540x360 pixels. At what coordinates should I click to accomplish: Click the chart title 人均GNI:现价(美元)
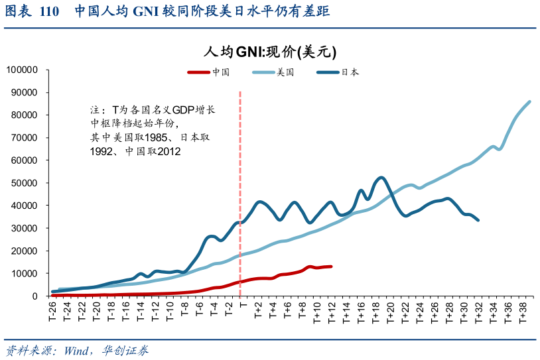click(x=270, y=52)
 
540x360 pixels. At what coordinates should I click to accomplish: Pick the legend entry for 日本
click(x=349, y=72)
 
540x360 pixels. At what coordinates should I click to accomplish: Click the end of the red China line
click(x=331, y=267)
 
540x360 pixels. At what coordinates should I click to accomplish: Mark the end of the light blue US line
click(x=529, y=101)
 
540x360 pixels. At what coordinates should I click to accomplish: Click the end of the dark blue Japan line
click(x=478, y=220)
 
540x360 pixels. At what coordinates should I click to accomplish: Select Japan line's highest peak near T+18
click(x=380, y=178)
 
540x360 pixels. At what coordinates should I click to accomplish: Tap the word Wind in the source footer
click(x=78, y=350)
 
